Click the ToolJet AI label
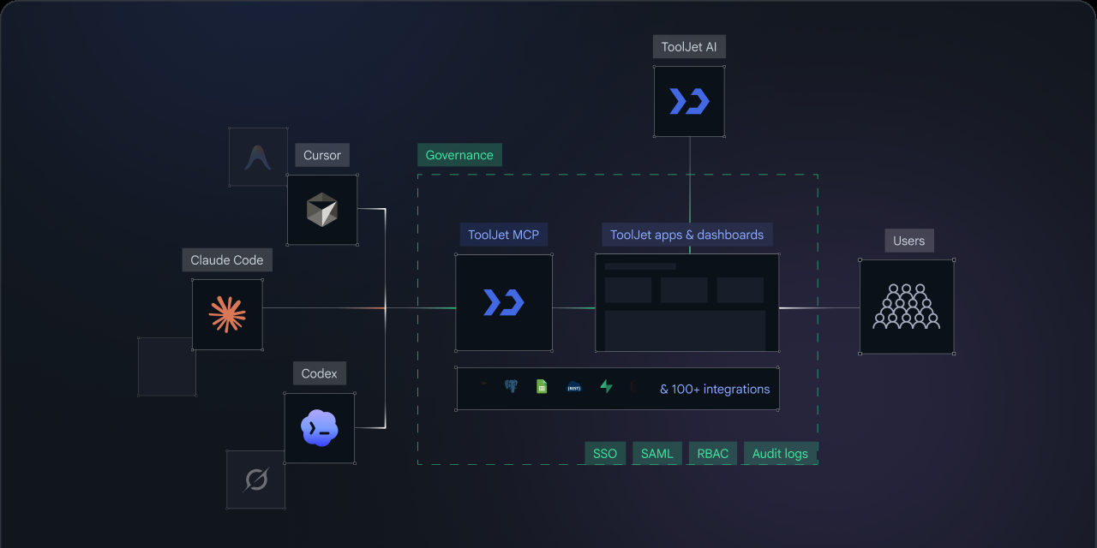tap(689, 46)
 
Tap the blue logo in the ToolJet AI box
tap(689, 101)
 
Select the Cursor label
tap(321, 155)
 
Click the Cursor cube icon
tap(321, 210)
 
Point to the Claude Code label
tap(227, 259)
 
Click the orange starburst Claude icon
tap(227, 314)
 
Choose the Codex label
tap(320, 373)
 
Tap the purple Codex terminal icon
tap(320, 428)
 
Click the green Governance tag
tap(459, 155)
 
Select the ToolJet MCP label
tap(503, 235)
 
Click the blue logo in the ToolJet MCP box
tap(503, 302)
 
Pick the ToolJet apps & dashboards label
tap(686, 235)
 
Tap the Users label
tap(909, 241)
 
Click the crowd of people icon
tap(907, 307)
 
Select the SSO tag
tap(605, 454)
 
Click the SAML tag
tap(657, 454)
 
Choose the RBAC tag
tap(712, 454)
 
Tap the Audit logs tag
tap(780, 454)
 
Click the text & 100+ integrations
tap(715, 389)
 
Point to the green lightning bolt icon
tap(606, 386)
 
